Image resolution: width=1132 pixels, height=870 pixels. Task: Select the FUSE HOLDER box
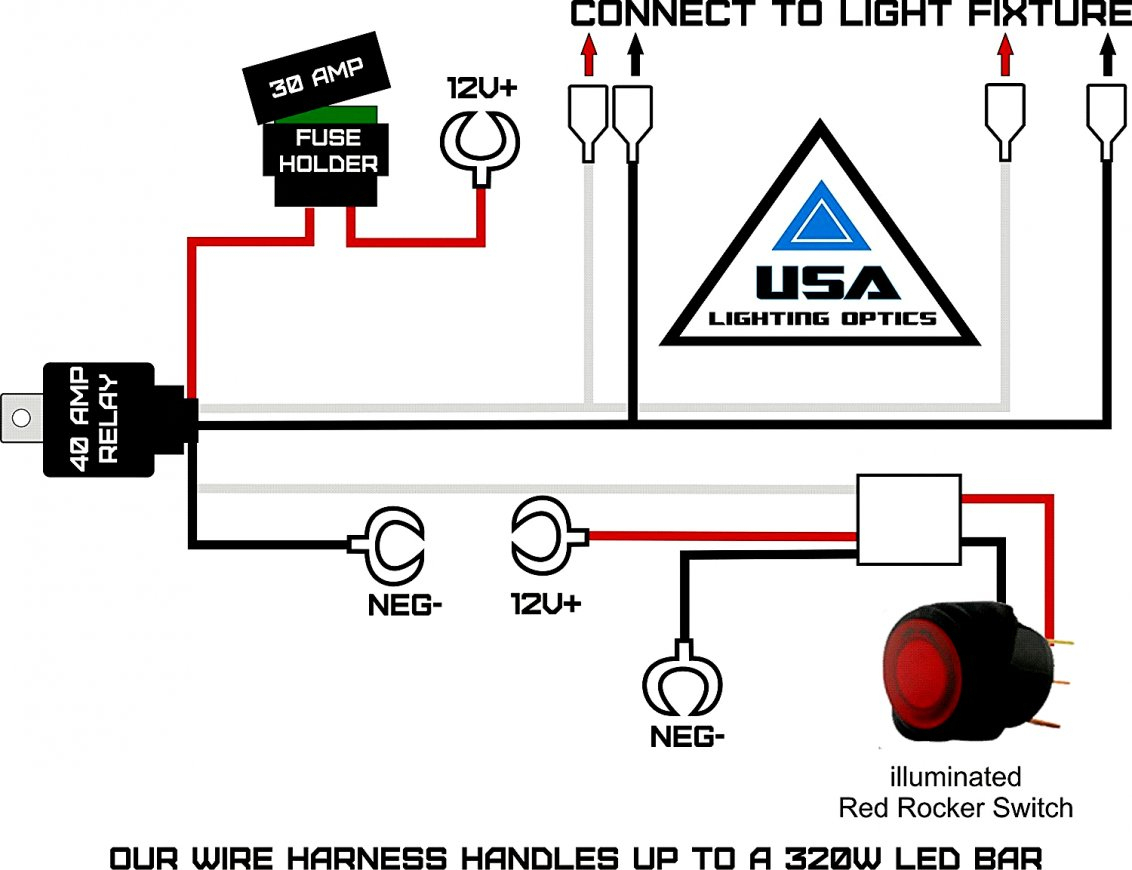[327, 152]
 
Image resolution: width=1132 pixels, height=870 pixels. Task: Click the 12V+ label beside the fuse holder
[482, 88]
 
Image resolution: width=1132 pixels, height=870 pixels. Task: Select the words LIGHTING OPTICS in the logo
[822, 319]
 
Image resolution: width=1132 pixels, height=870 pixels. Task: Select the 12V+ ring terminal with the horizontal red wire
[541, 535]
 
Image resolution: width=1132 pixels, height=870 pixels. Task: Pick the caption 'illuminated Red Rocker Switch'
[955, 792]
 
